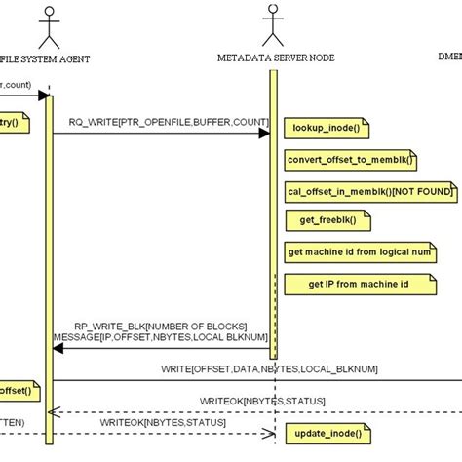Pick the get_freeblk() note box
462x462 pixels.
pos(322,220)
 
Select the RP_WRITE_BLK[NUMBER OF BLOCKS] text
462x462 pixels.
pos(161,326)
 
